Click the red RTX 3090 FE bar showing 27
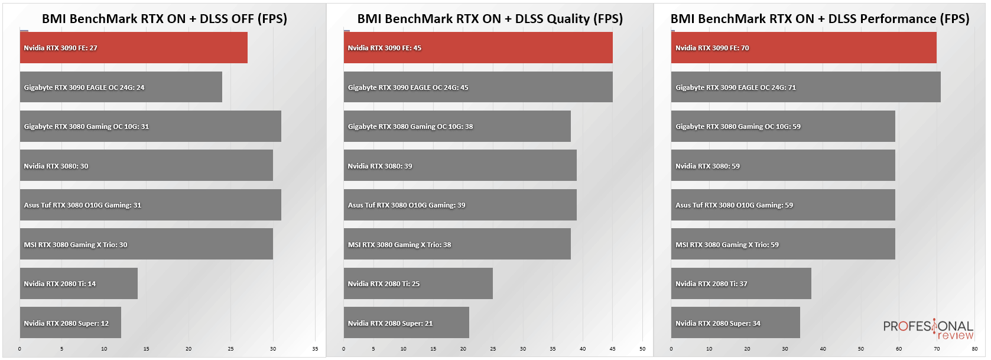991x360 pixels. [134, 47]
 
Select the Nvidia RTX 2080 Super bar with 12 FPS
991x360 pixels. [70, 322]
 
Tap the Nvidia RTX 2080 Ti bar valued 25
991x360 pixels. [418, 283]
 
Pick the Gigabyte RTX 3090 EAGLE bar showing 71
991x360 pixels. [805, 87]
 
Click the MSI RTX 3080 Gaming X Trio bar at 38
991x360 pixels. [457, 244]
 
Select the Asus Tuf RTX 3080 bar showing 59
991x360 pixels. [783, 205]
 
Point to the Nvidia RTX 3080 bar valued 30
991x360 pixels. [147, 165]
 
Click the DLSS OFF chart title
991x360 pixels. [165, 18]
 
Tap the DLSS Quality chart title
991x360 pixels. [490, 18]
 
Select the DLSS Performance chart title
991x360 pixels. [820, 18]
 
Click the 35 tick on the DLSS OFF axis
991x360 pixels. [315, 349]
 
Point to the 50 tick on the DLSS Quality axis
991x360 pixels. [642, 349]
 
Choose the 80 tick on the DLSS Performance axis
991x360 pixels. [974, 349]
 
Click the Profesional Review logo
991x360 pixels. [928, 329]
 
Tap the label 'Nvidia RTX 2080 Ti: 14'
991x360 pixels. [60, 284]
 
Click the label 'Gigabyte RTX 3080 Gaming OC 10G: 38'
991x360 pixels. [410, 127]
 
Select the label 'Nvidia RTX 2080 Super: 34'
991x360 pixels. [717, 323]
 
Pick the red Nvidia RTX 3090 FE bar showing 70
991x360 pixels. [804, 47]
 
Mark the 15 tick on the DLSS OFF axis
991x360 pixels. [146, 349]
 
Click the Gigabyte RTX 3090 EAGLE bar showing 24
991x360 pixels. [121, 87]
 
